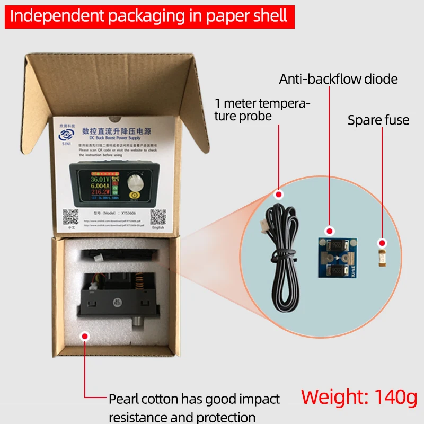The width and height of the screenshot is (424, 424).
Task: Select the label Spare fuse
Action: [378, 120]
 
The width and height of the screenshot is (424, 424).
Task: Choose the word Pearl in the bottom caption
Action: [126, 399]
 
